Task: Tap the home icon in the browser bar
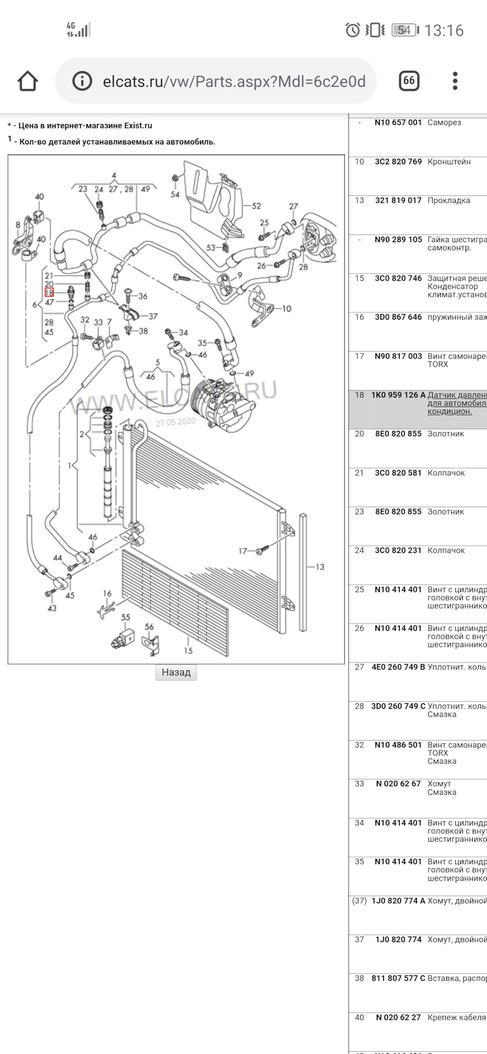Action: pos(27,81)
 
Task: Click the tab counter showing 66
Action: pos(408,81)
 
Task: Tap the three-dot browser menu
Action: pos(455,81)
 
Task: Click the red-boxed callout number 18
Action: pos(49,293)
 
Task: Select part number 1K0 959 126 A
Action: pos(398,395)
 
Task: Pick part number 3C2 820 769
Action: pos(398,162)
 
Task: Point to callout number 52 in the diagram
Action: pos(256,206)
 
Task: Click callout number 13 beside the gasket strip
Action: pos(320,567)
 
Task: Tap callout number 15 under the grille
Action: pos(188,651)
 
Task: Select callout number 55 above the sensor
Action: pos(126,618)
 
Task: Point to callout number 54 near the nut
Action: pos(175,194)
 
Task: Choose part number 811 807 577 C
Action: pos(398,979)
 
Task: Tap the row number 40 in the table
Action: pos(360,1018)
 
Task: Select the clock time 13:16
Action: pos(444,30)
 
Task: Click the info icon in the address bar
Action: pos(82,81)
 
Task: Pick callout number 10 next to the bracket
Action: pos(286,309)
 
